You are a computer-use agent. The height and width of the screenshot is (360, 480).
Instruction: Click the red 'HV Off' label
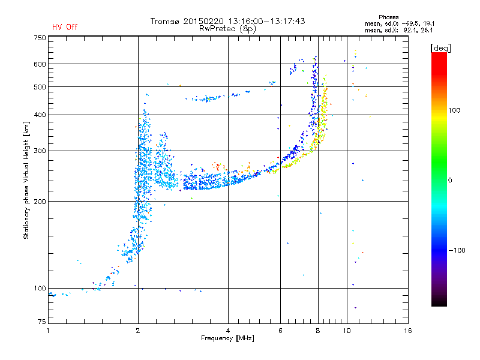pyautogui.click(x=65, y=27)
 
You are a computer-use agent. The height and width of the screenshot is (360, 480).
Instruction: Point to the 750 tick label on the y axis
pyautogui.click(x=40, y=38)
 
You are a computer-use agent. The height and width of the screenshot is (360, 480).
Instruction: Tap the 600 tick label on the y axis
pyautogui.click(x=40, y=64)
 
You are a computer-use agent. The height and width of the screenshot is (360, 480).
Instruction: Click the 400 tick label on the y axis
pyautogui.click(x=40, y=115)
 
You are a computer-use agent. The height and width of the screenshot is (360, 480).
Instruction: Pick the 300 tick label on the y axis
pyautogui.click(x=40, y=151)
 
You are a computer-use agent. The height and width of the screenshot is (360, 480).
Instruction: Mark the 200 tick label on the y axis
pyautogui.click(x=40, y=202)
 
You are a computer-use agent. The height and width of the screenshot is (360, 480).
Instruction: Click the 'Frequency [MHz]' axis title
pyautogui.click(x=227, y=338)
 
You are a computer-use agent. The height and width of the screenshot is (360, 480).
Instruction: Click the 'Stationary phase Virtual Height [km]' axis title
pyautogui.click(x=26, y=180)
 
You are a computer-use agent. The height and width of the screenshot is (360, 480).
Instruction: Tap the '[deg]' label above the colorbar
pyautogui.click(x=440, y=47)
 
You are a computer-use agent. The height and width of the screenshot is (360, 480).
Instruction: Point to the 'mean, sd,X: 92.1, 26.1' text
pyautogui.click(x=403, y=29)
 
